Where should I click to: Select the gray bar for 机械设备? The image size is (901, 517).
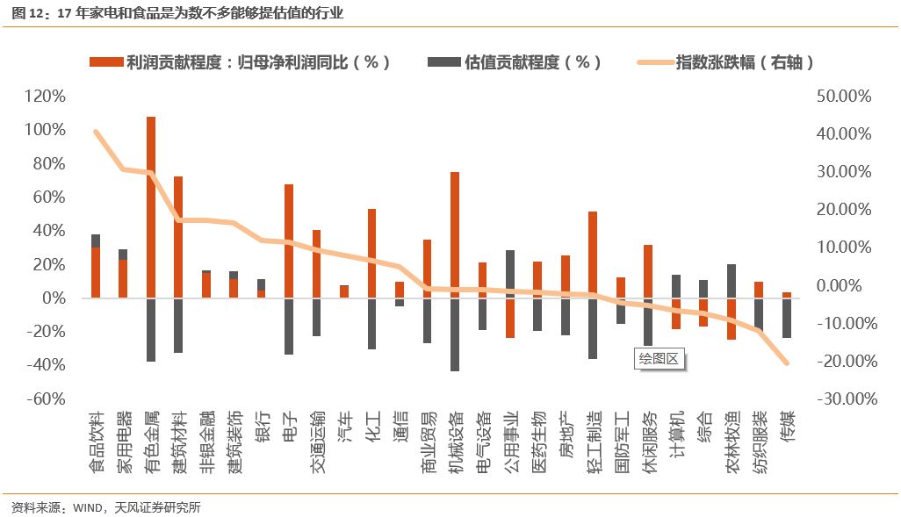(455, 334)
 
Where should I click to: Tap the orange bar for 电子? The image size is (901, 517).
(289, 241)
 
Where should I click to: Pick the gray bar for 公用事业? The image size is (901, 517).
(510, 274)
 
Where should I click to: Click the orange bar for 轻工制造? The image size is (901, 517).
(593, 255)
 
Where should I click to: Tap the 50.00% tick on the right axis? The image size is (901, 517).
(843, 96)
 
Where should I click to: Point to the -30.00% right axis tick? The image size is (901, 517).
(843, 399)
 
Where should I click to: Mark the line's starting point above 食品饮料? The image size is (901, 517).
(96, 132)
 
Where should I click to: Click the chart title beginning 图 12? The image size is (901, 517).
(176, 13)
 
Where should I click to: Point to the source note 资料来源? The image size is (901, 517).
(105, 507)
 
